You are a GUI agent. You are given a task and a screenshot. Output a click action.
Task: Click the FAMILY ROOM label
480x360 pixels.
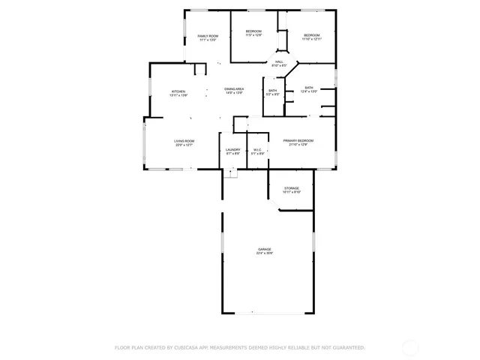pos(208,36)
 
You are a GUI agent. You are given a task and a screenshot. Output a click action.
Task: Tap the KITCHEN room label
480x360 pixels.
pos(178,91)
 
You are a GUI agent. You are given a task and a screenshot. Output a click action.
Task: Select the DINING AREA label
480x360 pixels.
pos(233,89)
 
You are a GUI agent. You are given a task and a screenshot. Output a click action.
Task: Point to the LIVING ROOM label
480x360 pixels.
pos(184,141)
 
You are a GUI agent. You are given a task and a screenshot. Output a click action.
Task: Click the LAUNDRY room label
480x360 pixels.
pos(233,149)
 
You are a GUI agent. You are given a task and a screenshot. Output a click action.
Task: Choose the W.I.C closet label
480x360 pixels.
pos(257,149)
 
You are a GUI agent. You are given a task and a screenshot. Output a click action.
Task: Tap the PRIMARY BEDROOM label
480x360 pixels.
pos(298,141)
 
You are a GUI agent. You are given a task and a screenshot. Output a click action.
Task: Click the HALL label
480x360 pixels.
pos(278,61)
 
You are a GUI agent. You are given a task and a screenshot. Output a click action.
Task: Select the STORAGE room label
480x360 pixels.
pos(292,188)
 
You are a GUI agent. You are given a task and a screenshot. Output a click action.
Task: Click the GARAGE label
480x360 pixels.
pos(265,249)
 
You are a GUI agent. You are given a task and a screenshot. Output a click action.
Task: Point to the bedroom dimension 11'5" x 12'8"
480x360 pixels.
pos(253,35)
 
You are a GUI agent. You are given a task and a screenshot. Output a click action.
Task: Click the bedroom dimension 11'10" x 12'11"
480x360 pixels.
pos(312,39)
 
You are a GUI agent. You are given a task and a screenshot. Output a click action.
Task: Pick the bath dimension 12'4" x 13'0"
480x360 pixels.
pos(309,91)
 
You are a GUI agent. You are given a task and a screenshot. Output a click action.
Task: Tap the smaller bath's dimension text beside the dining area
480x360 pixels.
pos(273,94)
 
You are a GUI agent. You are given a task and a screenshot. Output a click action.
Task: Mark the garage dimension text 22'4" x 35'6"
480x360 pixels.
pos(265,253)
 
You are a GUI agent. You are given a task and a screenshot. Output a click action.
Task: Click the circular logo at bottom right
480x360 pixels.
pos(411,347)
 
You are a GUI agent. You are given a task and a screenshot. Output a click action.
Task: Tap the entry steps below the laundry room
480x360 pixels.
pos(232,173)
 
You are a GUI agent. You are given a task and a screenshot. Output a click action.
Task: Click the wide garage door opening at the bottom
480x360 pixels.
pos(268,313)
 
